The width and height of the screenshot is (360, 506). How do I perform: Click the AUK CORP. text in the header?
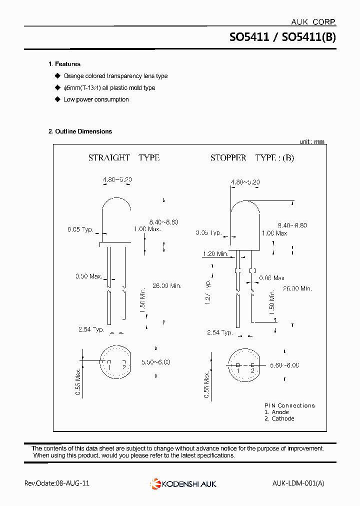pos(313,21)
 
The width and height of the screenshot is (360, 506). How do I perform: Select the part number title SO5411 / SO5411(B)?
pos(282,37)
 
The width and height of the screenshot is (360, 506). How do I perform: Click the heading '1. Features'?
pos(64,64)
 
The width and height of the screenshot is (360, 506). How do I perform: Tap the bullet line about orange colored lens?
pos(115,76)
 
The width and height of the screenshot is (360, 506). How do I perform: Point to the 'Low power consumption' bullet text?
pos(96,99)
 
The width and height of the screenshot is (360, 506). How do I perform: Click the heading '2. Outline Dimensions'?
pos(80,131)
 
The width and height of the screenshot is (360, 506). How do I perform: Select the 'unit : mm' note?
pos(312,142)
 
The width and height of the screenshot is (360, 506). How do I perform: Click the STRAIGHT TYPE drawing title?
pos(123,157)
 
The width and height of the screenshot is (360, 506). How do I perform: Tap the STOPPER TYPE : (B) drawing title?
pos(252,157)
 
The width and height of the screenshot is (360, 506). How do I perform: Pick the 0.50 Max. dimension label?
pos(88,276)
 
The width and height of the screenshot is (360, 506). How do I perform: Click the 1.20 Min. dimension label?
pos(215,254)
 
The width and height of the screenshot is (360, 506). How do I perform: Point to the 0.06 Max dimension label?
pos(271,278)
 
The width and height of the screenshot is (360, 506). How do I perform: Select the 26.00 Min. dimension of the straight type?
pos(167,286)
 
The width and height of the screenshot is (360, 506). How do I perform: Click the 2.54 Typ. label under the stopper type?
pos(220,332)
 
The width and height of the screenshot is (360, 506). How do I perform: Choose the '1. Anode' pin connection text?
pos(276,412)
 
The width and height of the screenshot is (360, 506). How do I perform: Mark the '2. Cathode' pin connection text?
pos(279,418)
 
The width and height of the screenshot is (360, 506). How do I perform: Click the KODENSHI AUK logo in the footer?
pos(183,483)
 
